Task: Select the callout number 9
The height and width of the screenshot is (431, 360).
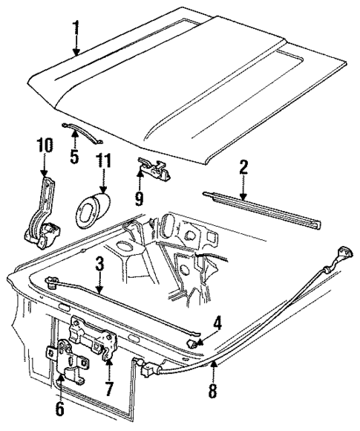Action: point(137,198)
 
